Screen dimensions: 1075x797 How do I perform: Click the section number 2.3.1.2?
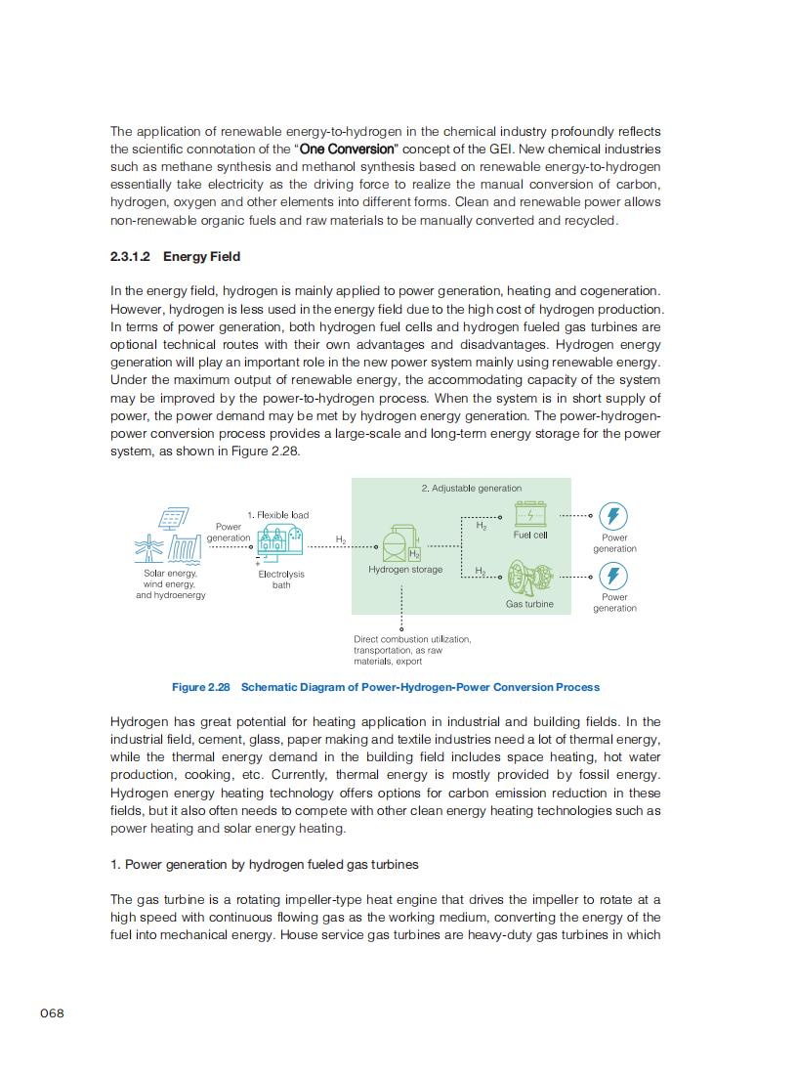coord(131,257)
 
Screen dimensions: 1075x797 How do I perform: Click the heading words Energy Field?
coord(201,257)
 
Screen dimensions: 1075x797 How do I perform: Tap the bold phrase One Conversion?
coord(347,150)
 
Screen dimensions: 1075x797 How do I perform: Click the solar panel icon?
coord(175,519)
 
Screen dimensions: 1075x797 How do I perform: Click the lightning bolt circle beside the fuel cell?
coord(613,516)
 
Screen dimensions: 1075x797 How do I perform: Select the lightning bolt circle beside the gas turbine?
coord(613,576)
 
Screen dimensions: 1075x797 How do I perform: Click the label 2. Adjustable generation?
coord(472,488)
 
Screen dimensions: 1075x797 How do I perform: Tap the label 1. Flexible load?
coord(277,515)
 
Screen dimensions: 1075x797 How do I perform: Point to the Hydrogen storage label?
coord(405,570)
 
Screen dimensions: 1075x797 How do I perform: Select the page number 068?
coord(52,1013)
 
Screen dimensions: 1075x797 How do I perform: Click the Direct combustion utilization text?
coord(411,639)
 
